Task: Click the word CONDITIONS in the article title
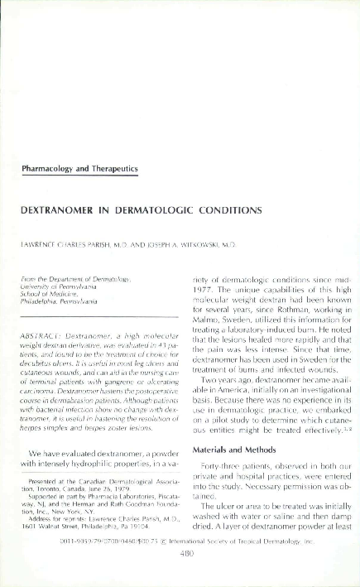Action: [219, 209]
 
